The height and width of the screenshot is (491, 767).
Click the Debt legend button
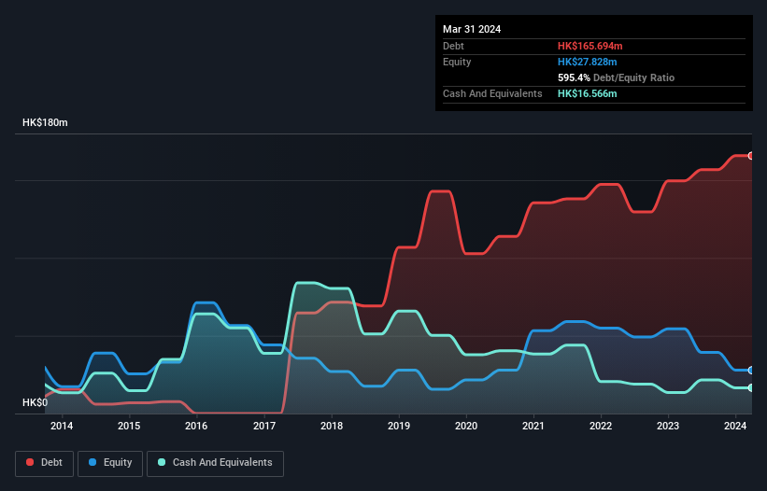pos(45,462)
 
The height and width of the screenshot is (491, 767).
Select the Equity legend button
pos(110,462)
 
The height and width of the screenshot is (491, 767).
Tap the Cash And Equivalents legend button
pos(215,462)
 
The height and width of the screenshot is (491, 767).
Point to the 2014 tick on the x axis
pos(62,427)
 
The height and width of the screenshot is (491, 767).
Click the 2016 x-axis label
pos(196,427)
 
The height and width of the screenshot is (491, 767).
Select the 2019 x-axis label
pos(399,427)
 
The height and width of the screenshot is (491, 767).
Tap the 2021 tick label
pos(533,427)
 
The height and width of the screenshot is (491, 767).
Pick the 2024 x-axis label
pos(735,427)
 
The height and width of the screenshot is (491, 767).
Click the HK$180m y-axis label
pos(46,123)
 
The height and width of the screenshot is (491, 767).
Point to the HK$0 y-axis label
pos(36,402)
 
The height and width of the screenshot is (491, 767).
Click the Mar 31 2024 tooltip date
pos(472,29)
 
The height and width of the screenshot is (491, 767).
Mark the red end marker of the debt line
pos(750,156)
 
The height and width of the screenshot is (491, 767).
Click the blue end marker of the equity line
pos(750,371)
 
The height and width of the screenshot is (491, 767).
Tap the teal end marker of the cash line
pos(750,387)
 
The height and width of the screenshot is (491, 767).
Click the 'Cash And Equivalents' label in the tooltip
pos(492,93)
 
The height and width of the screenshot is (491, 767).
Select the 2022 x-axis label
pos(601,427)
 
